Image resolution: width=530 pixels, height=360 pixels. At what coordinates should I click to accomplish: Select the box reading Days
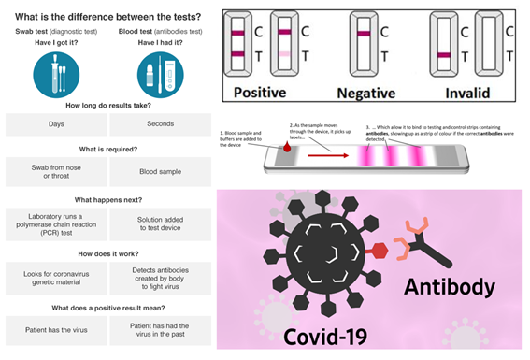pyautogui.click(x=55, y=125)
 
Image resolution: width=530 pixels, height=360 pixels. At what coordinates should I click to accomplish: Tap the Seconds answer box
pyautogui.click(x=161, y=125)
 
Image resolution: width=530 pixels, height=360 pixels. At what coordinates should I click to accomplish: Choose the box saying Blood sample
pyautogui.click(x=161, y=172)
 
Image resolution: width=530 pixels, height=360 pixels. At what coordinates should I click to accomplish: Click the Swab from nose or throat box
pyautogui.click(x=55, y=172)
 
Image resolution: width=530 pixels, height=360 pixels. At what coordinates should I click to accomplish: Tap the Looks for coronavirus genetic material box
pyautogui.click(x=55, y=275)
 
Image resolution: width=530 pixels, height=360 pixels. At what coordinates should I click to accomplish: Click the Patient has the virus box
pyautogui.click(x=55, y=326)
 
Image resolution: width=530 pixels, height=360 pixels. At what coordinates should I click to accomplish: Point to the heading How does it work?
pyautogui.click(x=107, y=250)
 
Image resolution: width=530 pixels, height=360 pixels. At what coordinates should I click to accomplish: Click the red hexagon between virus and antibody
pyautogui.click(x=379, y=251)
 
